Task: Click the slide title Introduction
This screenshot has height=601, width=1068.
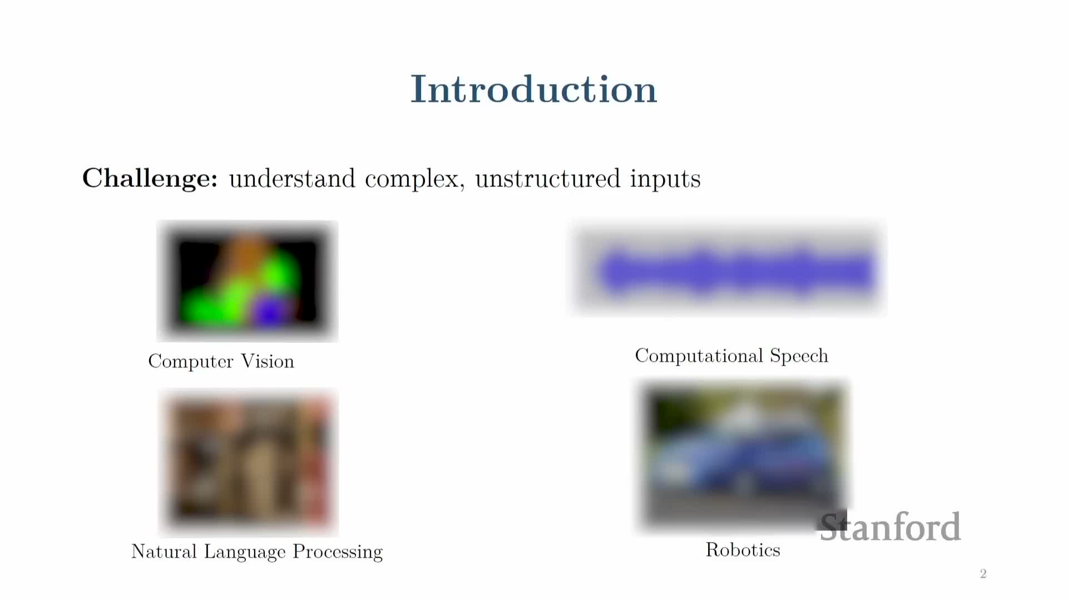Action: click(533, 89)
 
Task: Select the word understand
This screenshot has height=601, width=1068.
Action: click(292, 179)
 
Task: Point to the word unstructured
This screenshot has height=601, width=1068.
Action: click(547, 179)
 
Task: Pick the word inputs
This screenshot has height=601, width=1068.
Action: click(665, 180)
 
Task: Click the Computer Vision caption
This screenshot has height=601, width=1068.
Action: click(221, 361)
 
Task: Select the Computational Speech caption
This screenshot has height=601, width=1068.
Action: click(731, 356)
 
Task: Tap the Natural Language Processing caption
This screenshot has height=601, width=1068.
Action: click(257, 551)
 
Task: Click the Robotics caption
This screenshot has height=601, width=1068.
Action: click(743, 550)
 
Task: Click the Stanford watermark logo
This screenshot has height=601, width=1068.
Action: click(890, 526)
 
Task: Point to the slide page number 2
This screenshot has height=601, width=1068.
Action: click(983, 574)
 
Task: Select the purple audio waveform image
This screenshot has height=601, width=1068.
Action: click(729, 270)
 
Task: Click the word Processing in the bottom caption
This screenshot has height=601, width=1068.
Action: click(338, 551)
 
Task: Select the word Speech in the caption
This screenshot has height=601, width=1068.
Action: click(799, 356)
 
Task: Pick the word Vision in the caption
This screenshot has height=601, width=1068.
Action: click(268, 361)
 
